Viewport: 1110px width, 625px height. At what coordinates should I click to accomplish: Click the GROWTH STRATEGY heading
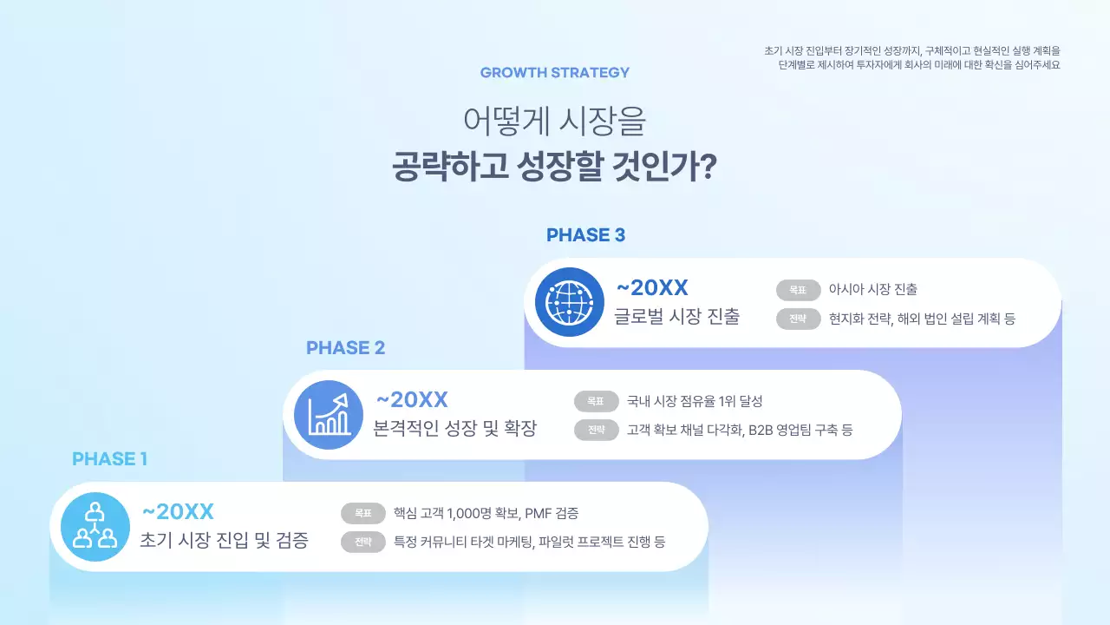click(x=555, y=73)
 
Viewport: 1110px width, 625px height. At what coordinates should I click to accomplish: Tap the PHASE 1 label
click(x=109, y=459)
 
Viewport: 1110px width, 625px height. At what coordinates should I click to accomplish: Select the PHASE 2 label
click(x=345, y=348)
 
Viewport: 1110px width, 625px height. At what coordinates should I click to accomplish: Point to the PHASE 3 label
click(x=585, y=235)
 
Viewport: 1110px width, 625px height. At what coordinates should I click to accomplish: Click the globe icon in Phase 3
click(x=569, y=302)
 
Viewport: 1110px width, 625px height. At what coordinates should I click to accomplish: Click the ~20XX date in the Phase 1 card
click(x=178, y=511)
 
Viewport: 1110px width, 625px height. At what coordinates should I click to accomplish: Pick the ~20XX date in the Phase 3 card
click(x=651, y=288)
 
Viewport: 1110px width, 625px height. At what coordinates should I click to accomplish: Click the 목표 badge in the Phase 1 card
click(x=362, y=513)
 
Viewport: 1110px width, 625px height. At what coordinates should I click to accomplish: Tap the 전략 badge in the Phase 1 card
click(x=362, y=543)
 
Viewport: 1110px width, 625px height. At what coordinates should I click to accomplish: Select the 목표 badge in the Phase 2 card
click(x=596, y=401)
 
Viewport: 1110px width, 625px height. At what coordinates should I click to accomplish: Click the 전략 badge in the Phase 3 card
click(x=798, y=319)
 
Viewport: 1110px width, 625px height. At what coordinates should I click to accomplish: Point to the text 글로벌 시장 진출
click(x=677, y=317)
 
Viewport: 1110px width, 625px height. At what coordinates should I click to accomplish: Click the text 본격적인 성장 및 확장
click(x=455, y=429)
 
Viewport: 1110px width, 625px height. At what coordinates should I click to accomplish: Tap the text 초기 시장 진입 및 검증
click(x=224, y=541)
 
